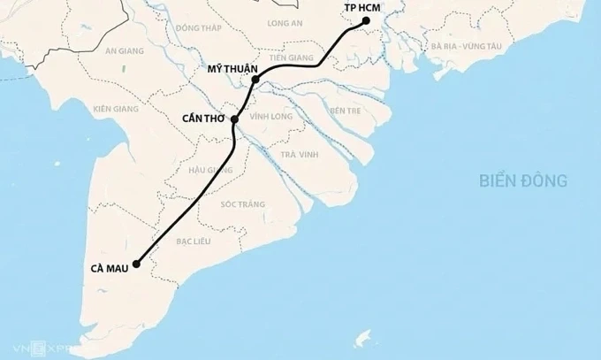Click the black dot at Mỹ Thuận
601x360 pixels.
pos(255,80)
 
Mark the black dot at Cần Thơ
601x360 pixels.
pos(234,119)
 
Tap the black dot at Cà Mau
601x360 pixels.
pos(137,263)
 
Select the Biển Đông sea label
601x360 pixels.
pos(523,181)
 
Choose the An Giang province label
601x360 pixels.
pos(123,51)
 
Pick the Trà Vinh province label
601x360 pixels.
pos(298,156)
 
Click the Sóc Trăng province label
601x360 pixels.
pos(244,204)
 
